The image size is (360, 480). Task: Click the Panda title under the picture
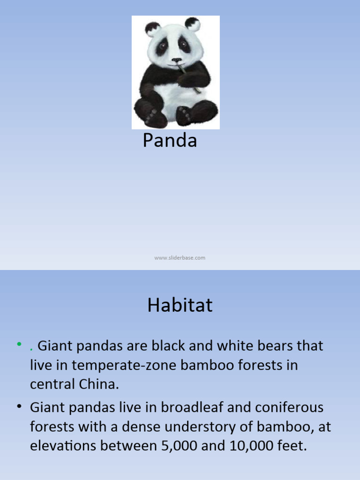(170, 141)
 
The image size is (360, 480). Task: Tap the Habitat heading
(180, 306)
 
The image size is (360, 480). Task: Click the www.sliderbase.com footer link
(180, 258)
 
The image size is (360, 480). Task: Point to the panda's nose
(176, 60)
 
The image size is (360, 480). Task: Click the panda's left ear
(152, 29)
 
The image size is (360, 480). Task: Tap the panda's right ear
(192, 24)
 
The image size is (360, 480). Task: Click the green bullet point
(19, 345)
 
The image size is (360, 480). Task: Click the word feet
(292, 446)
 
